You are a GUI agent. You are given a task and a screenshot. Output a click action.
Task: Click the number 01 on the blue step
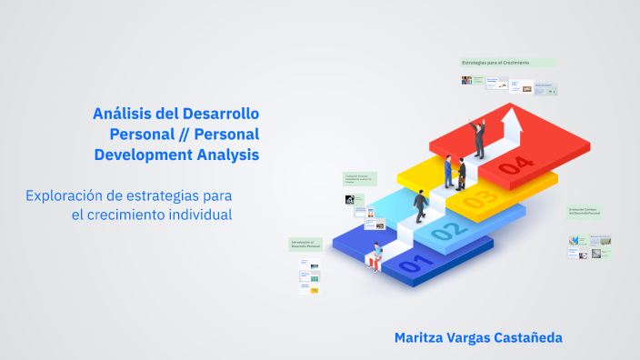(412, 265)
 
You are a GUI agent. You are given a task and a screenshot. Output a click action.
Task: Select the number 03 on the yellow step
(480, 197)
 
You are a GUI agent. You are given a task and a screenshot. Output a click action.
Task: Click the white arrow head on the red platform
(514, 116)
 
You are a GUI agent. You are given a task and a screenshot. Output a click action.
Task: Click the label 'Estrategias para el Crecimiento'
(495, 63)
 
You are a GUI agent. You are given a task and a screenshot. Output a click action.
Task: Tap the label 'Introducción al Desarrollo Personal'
(303, 245)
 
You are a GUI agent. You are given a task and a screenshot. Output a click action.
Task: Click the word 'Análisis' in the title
(124, 114)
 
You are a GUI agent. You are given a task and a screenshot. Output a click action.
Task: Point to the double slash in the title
(181, 135)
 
